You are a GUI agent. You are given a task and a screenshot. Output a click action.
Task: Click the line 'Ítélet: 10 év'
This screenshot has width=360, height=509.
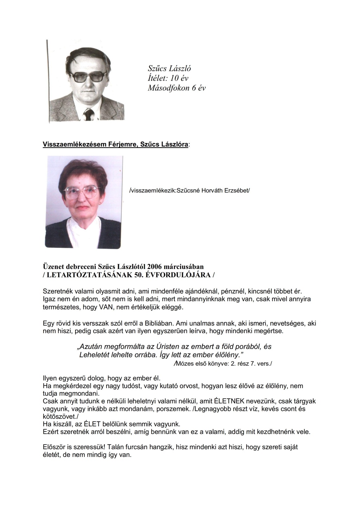(x=168, y=78)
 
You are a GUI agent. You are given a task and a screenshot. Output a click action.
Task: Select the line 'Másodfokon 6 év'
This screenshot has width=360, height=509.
(x=176, y=88)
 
